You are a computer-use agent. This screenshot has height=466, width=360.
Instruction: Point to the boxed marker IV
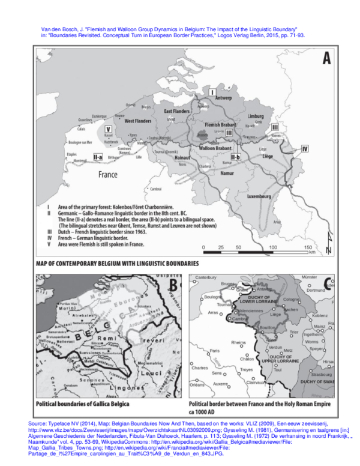305,148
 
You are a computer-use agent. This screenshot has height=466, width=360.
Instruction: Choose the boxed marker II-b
236,157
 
